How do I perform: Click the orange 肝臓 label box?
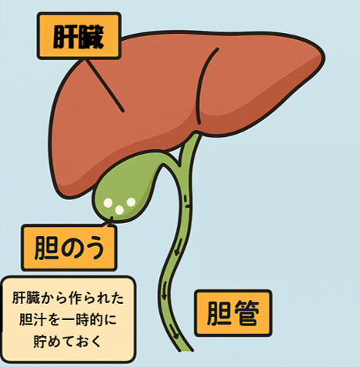79,36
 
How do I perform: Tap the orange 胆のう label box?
68,248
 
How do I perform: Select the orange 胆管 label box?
233,313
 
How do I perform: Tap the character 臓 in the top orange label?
91,38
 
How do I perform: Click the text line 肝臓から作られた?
68,298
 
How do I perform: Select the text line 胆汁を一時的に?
68,319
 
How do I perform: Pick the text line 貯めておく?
68,341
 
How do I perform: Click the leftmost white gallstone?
108,203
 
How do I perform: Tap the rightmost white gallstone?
131,202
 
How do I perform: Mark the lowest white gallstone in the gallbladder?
119,210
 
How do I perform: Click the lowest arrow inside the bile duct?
175,332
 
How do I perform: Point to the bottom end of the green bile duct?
185,351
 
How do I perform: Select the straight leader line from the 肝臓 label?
104,85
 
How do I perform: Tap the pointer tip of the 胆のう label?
112,218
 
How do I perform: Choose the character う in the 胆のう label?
94,249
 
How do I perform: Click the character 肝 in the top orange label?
65,38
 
